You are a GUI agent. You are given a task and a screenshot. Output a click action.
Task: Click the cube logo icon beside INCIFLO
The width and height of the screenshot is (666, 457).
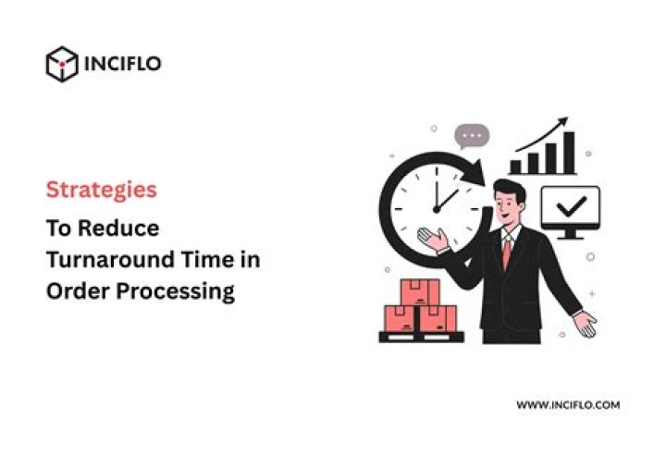click(x=62, y=64)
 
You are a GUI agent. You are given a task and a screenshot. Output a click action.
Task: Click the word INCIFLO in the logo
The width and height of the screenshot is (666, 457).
click(x=123, y=64)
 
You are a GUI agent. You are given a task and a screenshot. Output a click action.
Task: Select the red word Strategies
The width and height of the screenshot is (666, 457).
click(x=102, y=190)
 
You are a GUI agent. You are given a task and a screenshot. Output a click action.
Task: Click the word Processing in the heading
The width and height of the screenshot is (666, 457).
click(x=176, y=292)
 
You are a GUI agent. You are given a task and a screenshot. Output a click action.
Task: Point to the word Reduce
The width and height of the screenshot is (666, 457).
click(x=118, y=228)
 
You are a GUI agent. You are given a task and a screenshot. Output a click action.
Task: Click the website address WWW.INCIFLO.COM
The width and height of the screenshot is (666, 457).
click(x=568, y=405)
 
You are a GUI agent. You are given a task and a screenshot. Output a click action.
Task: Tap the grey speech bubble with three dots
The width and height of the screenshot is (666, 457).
click(x=472, y=136)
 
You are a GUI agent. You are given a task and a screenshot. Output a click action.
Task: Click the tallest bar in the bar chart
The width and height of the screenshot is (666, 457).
click(x=569, y=153)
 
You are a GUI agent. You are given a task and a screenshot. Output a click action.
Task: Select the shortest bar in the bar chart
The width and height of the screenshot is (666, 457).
click(x=515, y=167)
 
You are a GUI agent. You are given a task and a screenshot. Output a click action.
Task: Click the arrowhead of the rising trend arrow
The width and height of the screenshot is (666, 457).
click(x=562, y=121)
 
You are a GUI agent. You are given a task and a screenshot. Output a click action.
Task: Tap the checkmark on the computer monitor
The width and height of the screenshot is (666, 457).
click(x=572, y=206)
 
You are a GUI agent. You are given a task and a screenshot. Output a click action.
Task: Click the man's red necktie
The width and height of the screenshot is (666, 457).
click(x=507, y=253)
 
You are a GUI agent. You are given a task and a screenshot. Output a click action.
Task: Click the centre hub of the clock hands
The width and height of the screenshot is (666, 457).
click(x=437, y=209)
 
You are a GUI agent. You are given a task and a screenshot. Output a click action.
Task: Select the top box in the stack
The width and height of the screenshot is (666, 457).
click(x=420, y=292)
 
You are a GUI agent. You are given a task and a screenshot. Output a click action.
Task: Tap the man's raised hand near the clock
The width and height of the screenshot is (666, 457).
click(x=433, y=239)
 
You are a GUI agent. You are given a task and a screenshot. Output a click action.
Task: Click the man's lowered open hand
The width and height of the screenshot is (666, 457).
click(x=585, y=324)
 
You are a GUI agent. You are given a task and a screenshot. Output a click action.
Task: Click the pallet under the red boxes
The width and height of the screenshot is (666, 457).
click(x=422, y=338)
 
